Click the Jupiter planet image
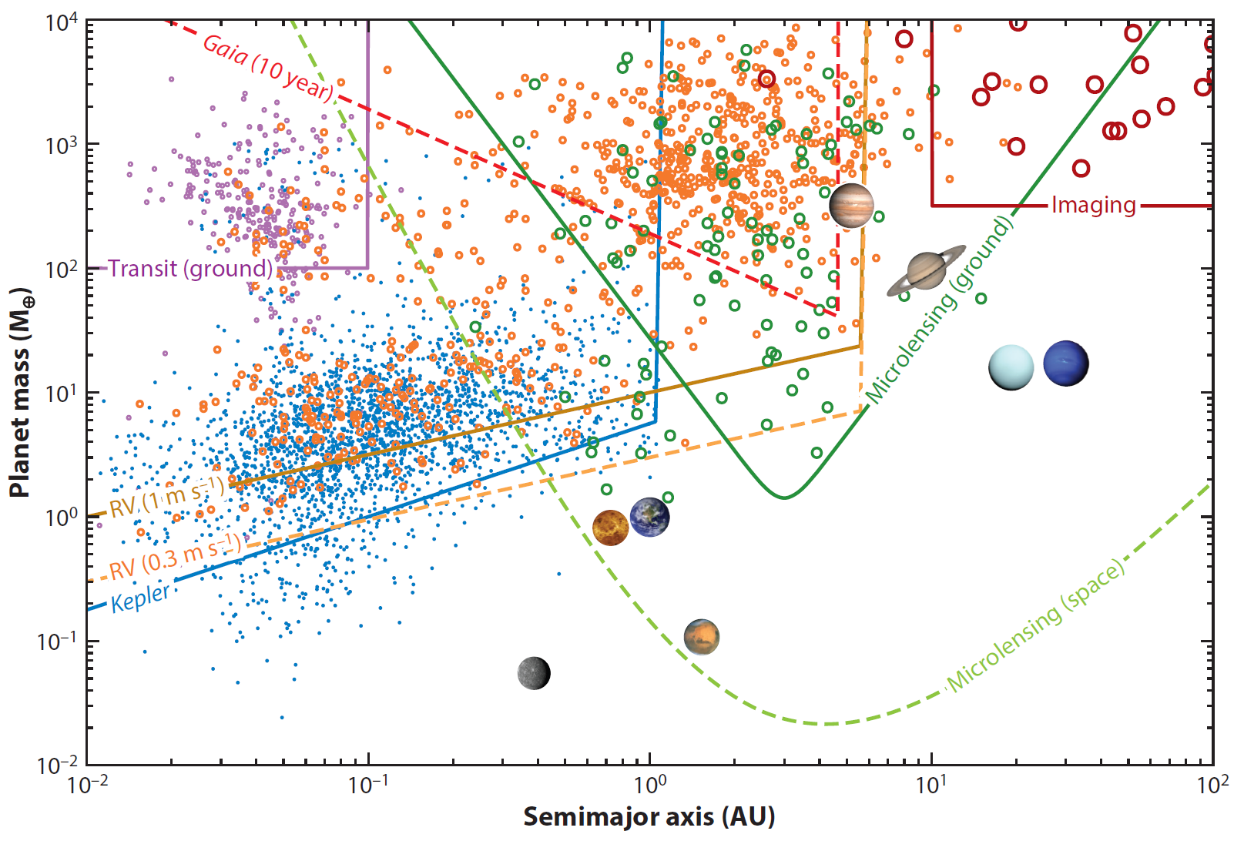(851, 206)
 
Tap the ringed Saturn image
(926, 271)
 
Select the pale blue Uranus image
(1011, 367)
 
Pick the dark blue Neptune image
(1066, 364)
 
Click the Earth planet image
(649, 517)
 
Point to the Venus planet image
(611, 528)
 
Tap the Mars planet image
(701, 638)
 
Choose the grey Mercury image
(534, 673)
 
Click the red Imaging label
(1094, 205)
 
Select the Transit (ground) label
(190, 268)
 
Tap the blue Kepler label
(140, 598)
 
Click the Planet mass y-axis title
(21, 393)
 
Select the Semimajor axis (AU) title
(649, 816)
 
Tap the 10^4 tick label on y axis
(62, 22)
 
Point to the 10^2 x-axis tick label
(1212, 786)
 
